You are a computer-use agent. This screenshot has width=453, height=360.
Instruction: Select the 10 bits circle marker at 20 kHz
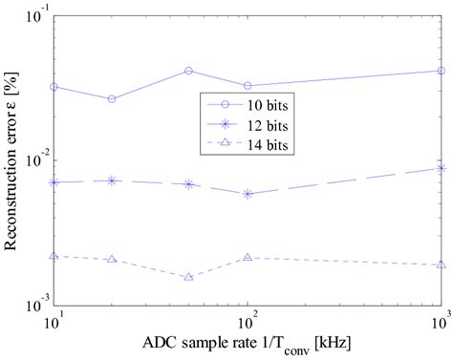tap(113, 99)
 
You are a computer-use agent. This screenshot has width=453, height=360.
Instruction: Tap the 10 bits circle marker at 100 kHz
tap(248, 86)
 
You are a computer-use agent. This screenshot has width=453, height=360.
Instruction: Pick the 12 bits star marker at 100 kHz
tap(248, 194)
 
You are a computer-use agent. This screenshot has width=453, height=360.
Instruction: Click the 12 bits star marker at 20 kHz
tap(113, 180)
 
